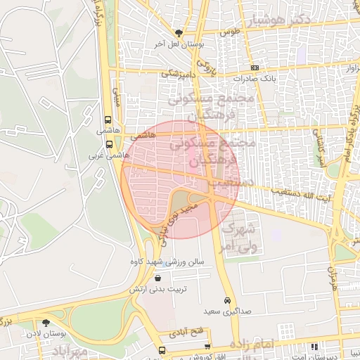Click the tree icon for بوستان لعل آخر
coord(179,32)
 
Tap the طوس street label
coord(229,32)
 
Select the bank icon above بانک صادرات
coord(254,67)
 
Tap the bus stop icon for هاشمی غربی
coord(108,142)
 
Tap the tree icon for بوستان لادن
coord(46,323)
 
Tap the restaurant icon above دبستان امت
coord(314,346)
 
